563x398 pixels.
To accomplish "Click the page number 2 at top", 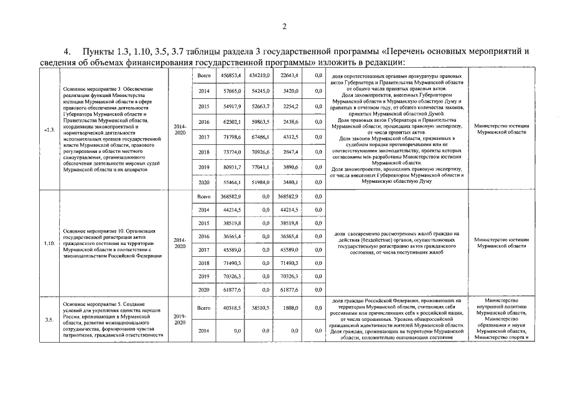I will pos(284,26).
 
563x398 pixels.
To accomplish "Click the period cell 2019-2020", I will pos(179,320).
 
